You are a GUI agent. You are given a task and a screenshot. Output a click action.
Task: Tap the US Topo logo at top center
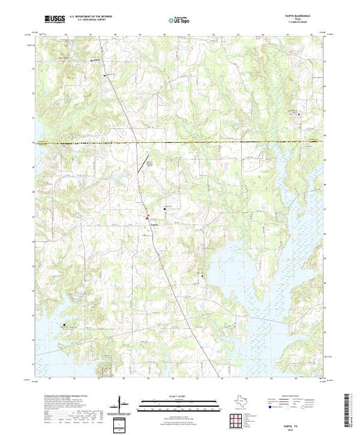click(x=178, y=20)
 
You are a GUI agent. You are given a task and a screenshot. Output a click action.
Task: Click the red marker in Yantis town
click(x=146, y=219)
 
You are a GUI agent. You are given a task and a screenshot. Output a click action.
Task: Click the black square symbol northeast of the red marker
click(x=164, y=209)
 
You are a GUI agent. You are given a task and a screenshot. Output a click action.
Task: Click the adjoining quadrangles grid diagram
click(x=236, y=418)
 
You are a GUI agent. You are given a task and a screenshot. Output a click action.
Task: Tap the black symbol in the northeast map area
click(x=299, y=110)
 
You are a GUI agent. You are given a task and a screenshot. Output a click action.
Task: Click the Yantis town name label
click(x=154, y=224)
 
